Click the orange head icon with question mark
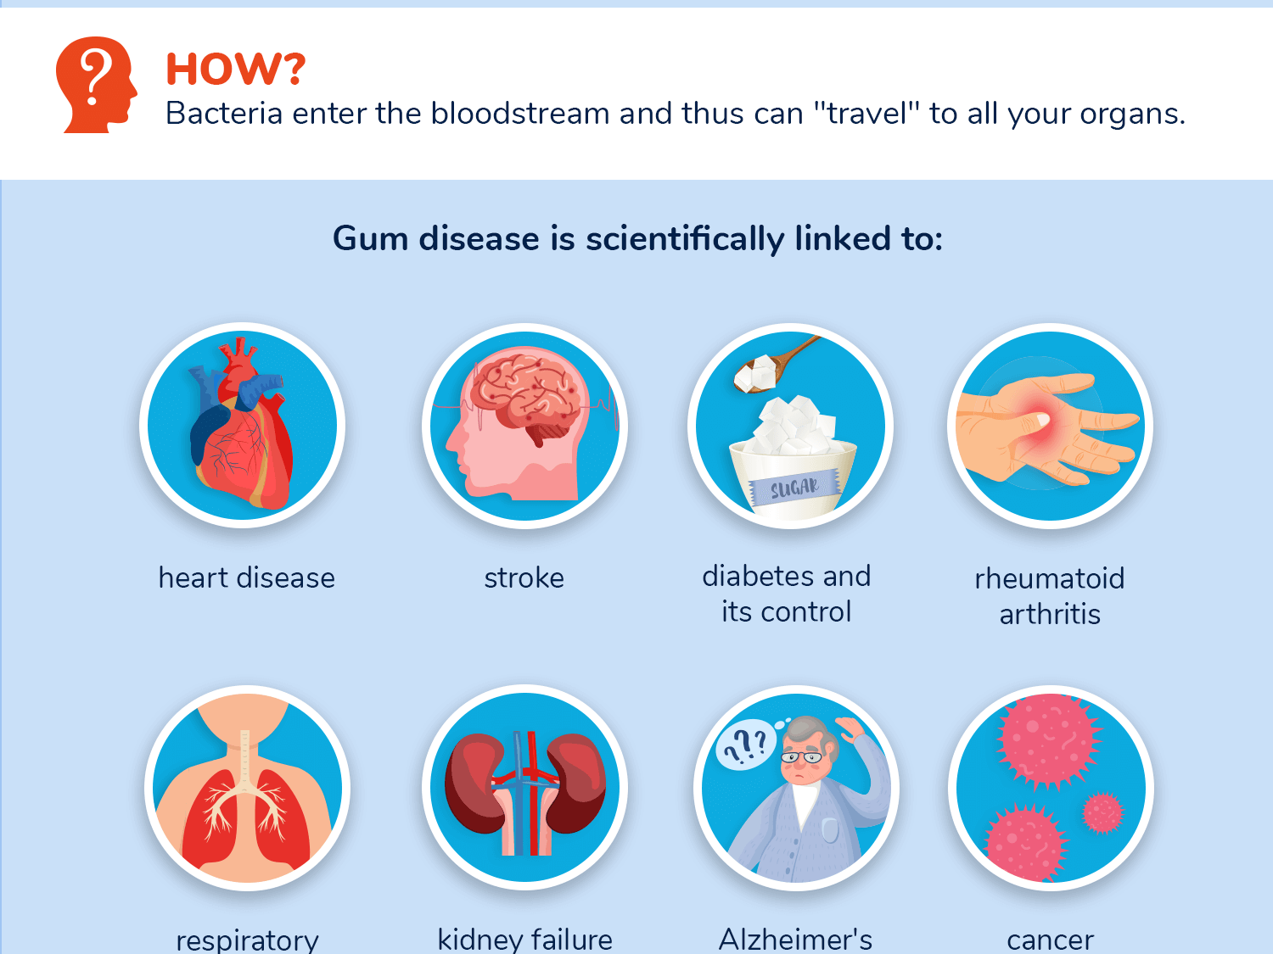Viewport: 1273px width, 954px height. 96,85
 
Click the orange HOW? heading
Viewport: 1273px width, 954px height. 235,69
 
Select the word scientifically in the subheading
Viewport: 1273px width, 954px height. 685,239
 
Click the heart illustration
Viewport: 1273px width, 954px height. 243,428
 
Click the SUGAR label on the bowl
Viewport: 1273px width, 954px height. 794,488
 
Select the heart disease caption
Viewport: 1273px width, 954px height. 247,578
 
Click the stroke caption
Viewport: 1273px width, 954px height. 524,578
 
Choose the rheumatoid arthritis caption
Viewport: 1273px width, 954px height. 1050,596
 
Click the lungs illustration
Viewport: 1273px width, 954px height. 246,818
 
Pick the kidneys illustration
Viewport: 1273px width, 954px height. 526,784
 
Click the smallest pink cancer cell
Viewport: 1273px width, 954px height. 1102,812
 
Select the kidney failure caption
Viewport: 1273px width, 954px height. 524,940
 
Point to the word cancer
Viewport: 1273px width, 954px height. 1050,940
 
